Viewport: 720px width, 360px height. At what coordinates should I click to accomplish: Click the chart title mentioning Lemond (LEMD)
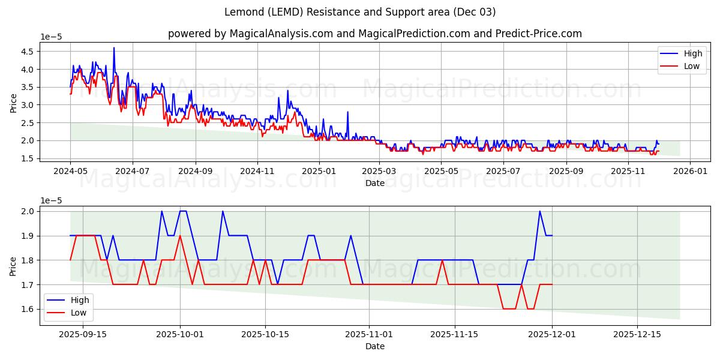360,12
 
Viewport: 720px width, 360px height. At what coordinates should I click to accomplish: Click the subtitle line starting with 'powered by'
374,34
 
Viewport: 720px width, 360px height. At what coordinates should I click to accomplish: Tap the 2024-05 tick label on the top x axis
70,171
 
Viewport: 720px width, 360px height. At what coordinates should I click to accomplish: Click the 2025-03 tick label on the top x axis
379,171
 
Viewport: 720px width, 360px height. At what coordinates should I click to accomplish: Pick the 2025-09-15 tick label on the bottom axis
82,335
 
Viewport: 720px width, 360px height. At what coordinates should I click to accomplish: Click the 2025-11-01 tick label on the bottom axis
370,335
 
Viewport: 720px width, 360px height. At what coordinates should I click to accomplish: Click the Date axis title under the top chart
374,183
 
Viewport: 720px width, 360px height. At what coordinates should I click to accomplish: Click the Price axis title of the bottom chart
14,265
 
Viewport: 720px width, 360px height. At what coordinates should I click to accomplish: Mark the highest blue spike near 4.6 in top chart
114,48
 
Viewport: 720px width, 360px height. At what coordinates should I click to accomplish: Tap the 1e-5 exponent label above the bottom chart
51,201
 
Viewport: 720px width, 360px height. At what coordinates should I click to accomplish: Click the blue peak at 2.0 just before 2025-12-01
539,211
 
